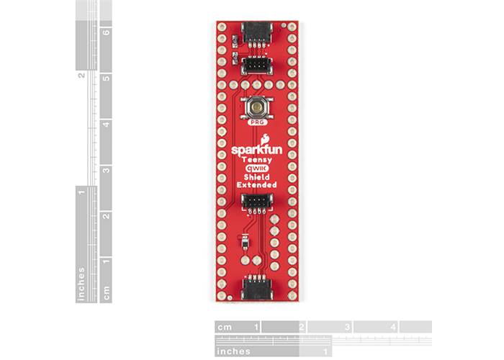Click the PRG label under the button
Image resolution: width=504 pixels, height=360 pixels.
point(256,123)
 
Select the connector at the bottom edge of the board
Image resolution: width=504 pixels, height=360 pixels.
point(256,289)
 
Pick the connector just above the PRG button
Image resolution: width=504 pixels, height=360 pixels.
point(256,67)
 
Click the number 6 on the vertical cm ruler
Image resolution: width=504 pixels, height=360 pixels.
point(106,32)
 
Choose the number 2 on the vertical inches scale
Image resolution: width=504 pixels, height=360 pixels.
point(81,75)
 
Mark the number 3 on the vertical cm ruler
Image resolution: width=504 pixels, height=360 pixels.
point(106,171)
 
